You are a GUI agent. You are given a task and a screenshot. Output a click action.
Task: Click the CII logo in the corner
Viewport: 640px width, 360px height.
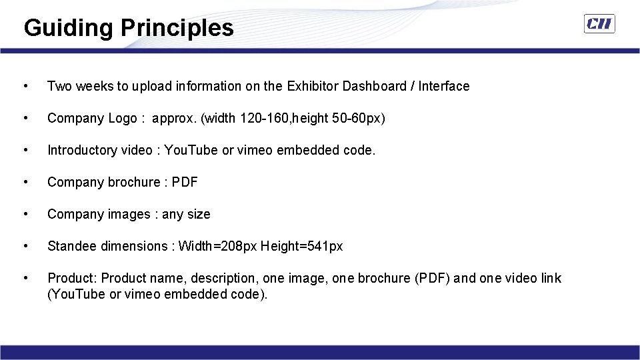pyautogui.click(x=599, y=25)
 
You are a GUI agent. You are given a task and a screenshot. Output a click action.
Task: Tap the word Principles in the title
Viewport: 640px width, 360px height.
pyautogui.click(x=177, y=28)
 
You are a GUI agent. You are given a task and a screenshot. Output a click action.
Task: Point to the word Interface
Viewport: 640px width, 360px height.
pyautogui.click(x=444, y=86)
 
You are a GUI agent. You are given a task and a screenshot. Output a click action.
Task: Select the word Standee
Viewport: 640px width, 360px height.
pyautogui.click(x=72, y=246)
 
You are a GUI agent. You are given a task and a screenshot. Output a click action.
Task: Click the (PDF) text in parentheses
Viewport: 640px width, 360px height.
pyautogui.click(x=431, y=278)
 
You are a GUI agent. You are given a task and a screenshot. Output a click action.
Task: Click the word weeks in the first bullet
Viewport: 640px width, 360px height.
pyautogui.click(x=95, y=86)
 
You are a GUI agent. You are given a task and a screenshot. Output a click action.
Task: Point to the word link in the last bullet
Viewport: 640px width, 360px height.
pyautogui.click(x=551, y=278)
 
